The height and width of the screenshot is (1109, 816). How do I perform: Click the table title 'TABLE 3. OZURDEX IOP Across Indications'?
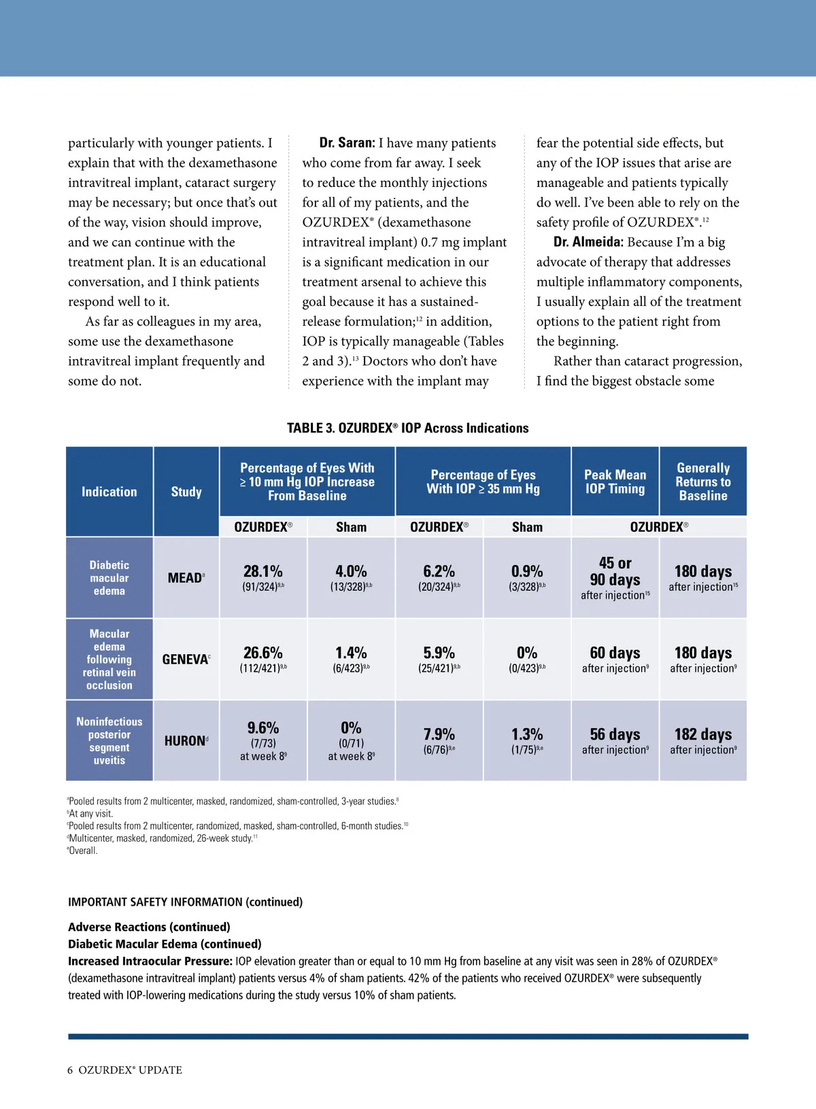coord(407,428)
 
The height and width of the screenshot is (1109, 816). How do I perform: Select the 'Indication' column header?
coord(109,492)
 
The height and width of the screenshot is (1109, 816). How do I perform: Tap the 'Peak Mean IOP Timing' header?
coord(615,481)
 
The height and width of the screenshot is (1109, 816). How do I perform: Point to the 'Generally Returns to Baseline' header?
coord(703,481)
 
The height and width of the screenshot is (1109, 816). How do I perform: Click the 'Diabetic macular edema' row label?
coord(109,578)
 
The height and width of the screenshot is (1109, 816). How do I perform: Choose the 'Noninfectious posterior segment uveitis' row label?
coord(109,740)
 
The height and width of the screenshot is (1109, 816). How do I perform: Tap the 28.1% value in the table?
coord(262,572)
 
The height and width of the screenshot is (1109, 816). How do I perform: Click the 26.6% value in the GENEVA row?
coord(262,653)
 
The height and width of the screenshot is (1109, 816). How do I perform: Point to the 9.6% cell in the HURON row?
coord(263,728)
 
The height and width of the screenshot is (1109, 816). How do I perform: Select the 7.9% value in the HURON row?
coord(439,735)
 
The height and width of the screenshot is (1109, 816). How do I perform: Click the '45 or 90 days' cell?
coord(615,572)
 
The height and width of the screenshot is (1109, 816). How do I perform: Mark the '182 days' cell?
coord(703,735)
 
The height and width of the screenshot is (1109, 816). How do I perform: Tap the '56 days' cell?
coord(615,735)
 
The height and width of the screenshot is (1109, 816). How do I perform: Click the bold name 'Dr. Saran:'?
coord(347,143)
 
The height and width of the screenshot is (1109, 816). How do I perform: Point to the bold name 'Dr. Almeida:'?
coord(588,242)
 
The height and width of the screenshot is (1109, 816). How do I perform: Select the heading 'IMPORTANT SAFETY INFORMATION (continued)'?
coord(185,902)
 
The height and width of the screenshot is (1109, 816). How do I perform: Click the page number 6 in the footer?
coord(70,1070)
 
